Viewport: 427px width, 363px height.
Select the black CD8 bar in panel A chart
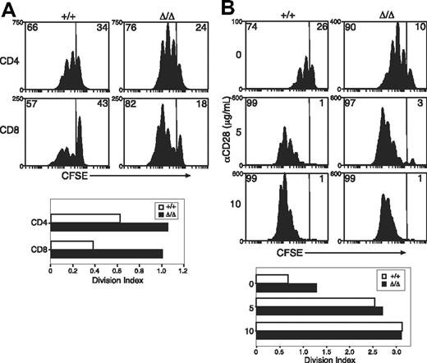click(x=106, y=252)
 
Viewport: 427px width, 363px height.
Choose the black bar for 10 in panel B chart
click(x=328, y=335)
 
